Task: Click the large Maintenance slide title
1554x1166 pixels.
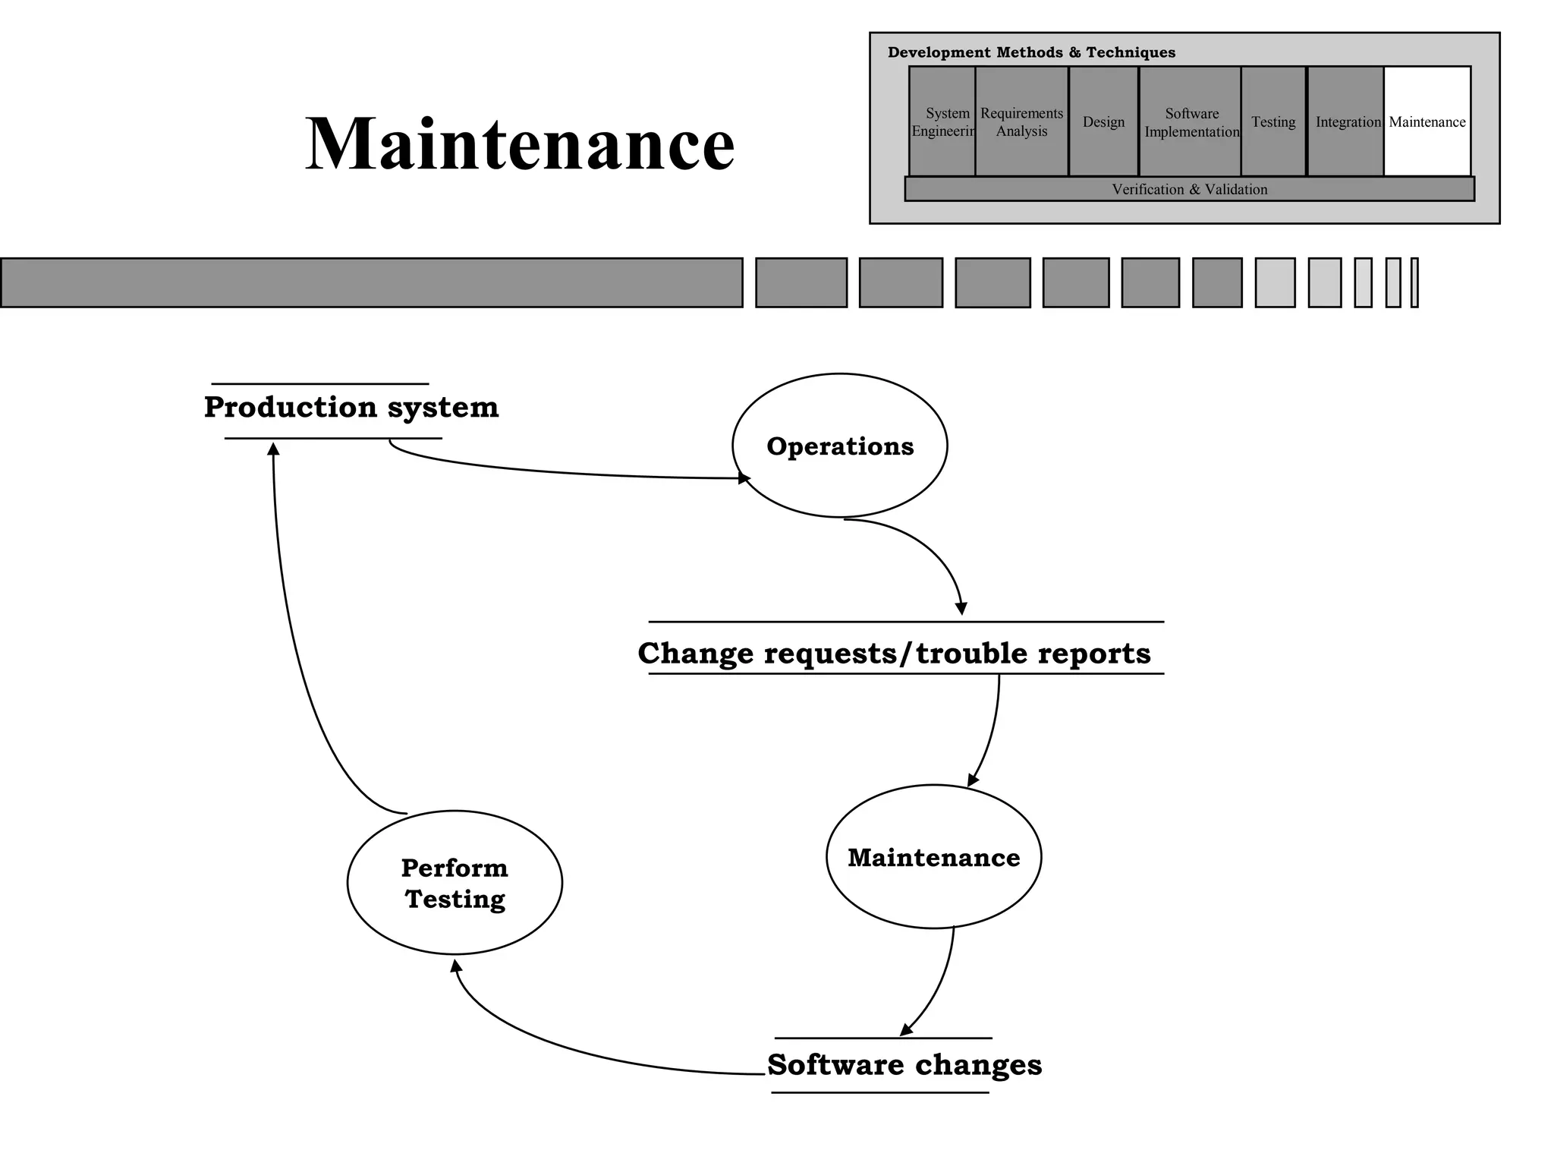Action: pos(520,144)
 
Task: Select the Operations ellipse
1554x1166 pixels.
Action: pos(839,446)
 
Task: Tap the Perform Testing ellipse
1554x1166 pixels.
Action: pos(455,883)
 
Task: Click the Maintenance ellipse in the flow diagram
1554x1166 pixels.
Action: pos(933,857)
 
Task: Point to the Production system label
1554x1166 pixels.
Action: pos(351,408)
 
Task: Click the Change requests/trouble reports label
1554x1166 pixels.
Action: pos(894,654)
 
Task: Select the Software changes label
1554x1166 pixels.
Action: pos(904,1065)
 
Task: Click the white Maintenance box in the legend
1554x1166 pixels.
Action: pos(1427,121)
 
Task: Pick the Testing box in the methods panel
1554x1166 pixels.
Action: pos(1273,121)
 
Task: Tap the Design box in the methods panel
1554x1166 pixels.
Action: pos(1103,121)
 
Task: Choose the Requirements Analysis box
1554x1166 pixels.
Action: pos(1021,121)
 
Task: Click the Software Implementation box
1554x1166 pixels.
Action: pos(1191,121)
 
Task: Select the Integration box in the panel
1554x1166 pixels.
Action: pos(1345,121)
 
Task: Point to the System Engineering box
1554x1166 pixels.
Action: pos(942,121)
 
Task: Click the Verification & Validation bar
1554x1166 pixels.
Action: pos(1189,189)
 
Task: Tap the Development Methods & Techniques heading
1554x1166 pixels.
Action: pos(1031,52)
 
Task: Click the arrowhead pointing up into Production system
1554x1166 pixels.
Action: pos(274,449)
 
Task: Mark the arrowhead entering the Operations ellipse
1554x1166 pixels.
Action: pos(744,478)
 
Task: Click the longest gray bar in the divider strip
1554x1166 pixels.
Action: pos(371,282)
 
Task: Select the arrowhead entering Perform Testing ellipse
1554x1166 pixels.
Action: pos(455,966)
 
